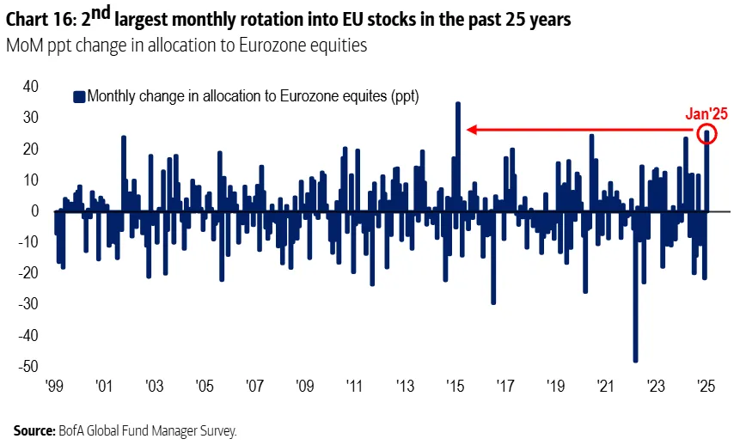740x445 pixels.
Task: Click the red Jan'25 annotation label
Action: pyautogui.click(x=706, y=113)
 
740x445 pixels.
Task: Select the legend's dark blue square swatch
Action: pyautogui.click(x=80, y=97)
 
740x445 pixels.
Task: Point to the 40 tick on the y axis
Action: pyautogui.click(x=30, y=87)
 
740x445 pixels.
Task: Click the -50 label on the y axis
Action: pyautogui.click(x=28, y=366)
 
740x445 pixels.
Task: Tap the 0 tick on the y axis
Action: pyautogui.click(x=35, y=210)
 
